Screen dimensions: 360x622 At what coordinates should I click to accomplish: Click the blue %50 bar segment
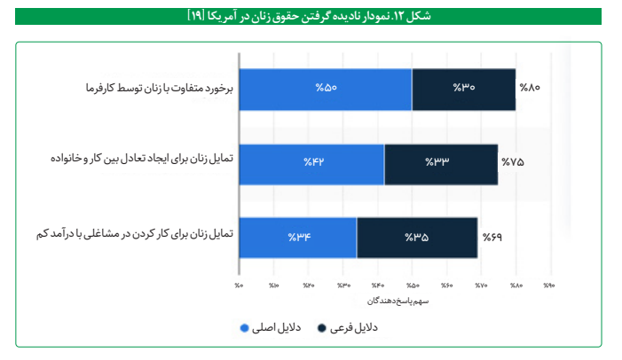pos(326,89)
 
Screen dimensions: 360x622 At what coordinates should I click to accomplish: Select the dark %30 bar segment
pos(464,89)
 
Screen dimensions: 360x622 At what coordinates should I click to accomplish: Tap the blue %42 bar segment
pos(311,163)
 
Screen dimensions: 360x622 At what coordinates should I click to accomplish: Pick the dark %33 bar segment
pos(441,163)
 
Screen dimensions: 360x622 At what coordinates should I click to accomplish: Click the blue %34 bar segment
pos(298,237)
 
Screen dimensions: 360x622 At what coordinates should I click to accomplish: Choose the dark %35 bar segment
pos(417,237)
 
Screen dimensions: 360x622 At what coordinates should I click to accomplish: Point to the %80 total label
pos(530,89)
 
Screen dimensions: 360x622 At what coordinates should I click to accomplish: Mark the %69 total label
pos(492,238)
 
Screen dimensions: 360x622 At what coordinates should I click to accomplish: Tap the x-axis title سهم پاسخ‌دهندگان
pos(395,301)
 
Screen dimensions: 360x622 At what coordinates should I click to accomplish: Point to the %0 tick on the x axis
pos(240,286)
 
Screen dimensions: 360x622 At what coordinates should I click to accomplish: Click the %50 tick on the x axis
pos(412,286)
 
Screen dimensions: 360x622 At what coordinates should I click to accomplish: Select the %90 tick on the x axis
pos(549,286)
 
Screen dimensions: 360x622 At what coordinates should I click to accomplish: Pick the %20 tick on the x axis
pos(308,286)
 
